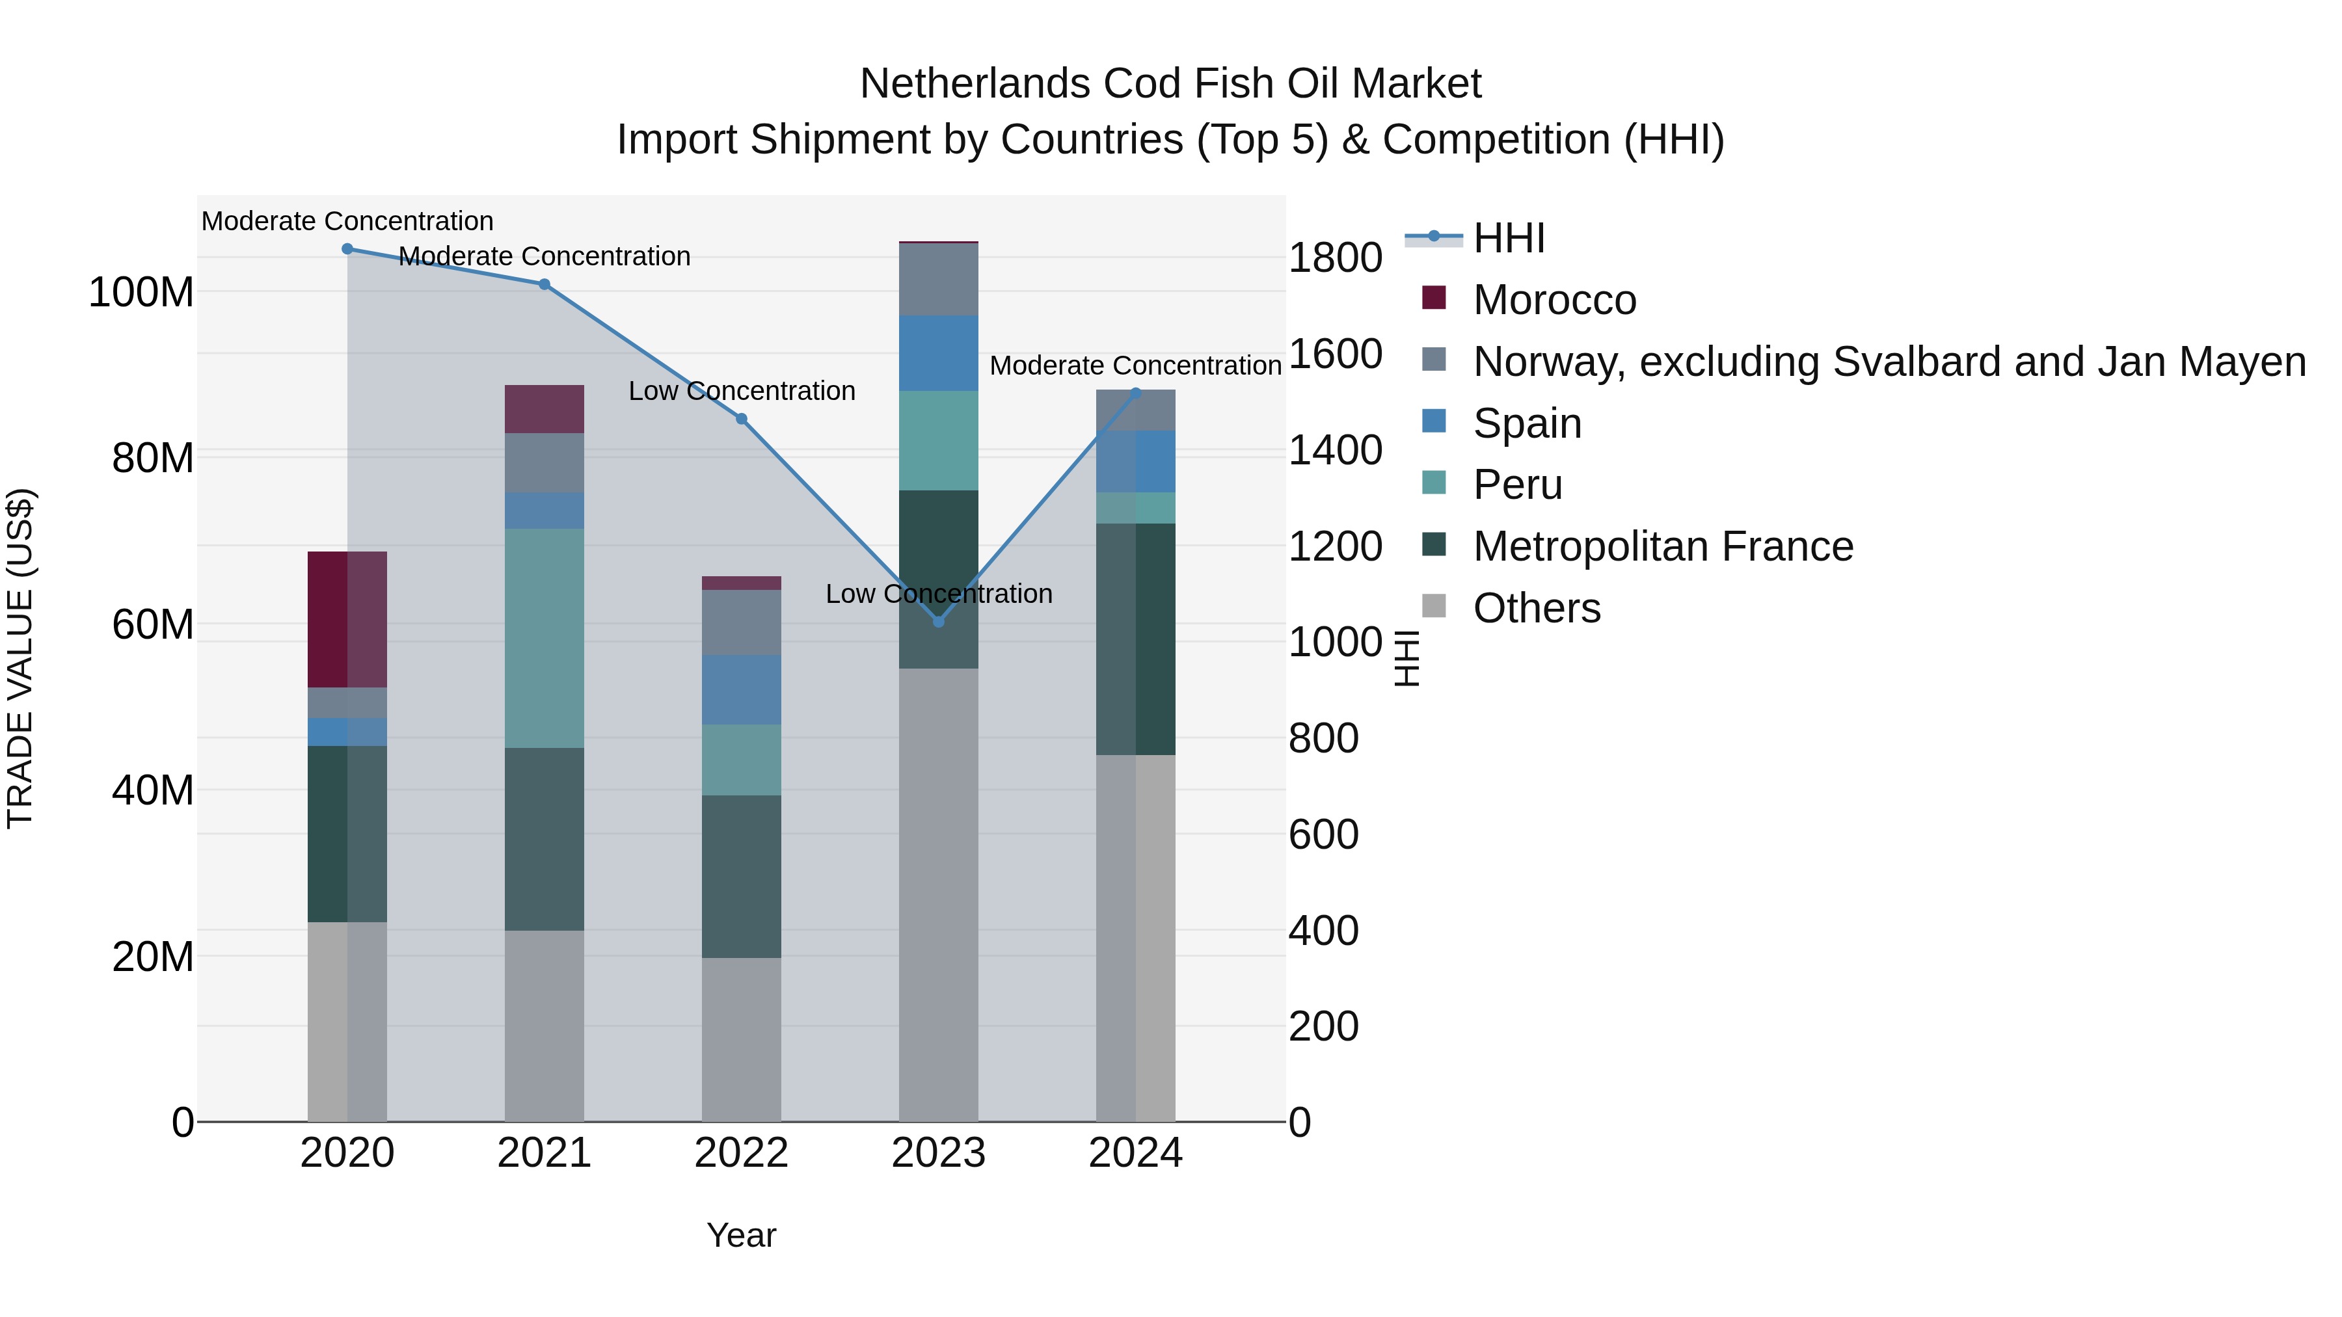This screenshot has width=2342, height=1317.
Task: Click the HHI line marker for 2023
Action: (x=938, y=622)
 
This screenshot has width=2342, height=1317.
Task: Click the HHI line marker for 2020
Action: (x=347, y=249)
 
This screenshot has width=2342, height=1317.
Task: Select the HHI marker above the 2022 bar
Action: (x=741, y=419)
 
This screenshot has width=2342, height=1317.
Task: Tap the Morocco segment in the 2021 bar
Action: (x=544, y=409)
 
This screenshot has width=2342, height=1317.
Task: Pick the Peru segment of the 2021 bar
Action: (x=544, y=638)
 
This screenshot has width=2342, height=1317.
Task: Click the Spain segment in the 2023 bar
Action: (x=938, y=354)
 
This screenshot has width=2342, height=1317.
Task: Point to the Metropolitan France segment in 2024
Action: (x=1135, y=639)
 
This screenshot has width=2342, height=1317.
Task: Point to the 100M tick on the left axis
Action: (x=141, y=293)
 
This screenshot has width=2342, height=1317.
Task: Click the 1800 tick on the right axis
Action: (x=1335, y=258)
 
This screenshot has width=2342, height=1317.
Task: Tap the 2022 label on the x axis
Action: (x=741, y=1153)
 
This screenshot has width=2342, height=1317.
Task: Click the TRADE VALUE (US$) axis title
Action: (x=20, y=658)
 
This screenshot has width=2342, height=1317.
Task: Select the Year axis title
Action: (x=741, y=1235)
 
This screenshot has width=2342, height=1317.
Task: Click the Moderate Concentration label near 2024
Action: (x=1135, y=366)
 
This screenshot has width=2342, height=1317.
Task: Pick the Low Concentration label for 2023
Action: (x=938, y=594)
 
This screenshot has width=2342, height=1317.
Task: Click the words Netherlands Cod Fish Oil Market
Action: (x=1170, y=84)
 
